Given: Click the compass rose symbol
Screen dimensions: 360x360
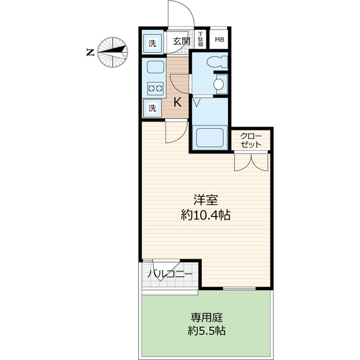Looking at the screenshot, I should tap(112, 52).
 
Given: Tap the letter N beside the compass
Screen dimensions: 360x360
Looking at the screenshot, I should tap(90, 53).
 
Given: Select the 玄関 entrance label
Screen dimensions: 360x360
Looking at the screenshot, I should tap(181, 41).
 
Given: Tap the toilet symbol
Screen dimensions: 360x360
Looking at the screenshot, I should tap(216, 62).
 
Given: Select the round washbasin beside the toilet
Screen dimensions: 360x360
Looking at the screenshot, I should tap(219, 85).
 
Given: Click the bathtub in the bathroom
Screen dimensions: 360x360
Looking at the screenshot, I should tap(209, 137).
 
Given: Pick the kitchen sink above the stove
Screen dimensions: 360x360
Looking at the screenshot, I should tap(154, 69).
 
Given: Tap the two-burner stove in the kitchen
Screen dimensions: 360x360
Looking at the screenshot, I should tap(154, 88).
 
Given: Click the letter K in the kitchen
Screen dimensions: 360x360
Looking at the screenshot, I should tap(177, 102).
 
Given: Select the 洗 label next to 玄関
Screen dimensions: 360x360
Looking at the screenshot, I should tap(152, 42).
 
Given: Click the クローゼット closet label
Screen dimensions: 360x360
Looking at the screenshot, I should tap(251, 140).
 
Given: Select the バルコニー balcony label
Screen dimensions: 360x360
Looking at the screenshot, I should tap(169, 274).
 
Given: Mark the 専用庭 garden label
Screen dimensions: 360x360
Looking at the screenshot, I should tap(206, 316).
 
